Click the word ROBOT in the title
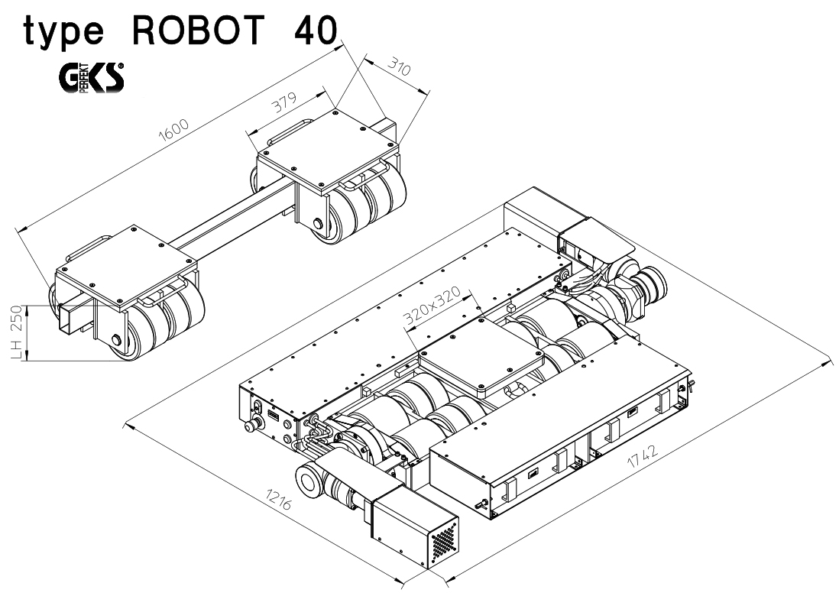[x=197, y=30]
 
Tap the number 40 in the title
[x=316, y=30]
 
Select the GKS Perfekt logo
[x=92, y=78]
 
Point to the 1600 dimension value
[x=174, y=130]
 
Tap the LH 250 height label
[x=17, y=332]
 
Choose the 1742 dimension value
[x=642, y=456]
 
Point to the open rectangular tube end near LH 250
[x=65, y=319]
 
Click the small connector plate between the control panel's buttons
[x=273, y=416]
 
